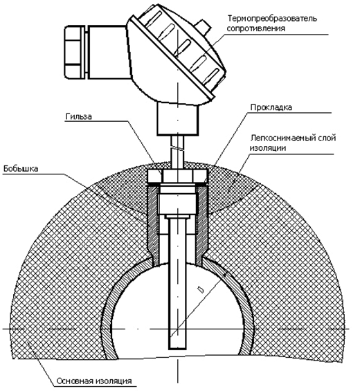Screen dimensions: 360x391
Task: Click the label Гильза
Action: (79, 117)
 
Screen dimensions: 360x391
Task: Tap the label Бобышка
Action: (21, 169)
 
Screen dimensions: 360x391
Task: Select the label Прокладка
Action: (271, 107)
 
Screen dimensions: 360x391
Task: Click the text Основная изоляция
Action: (94, 381)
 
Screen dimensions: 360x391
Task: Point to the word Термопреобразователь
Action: (272, 19)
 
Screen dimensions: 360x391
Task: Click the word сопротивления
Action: (256, 28)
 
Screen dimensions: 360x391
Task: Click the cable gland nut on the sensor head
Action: (73, 52)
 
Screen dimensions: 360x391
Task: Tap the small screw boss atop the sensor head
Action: (204, 28)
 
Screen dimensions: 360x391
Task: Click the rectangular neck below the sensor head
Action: (178, 119)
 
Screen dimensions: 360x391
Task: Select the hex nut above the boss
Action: (177, 176)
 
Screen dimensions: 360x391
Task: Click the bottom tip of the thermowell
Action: (178, 349)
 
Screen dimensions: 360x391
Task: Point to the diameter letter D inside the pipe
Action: (200, 290)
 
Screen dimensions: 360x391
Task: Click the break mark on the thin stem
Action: (178, 149)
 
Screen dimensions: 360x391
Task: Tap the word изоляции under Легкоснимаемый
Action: (268, 148)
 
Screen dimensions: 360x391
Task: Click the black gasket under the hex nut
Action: (177, 184)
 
